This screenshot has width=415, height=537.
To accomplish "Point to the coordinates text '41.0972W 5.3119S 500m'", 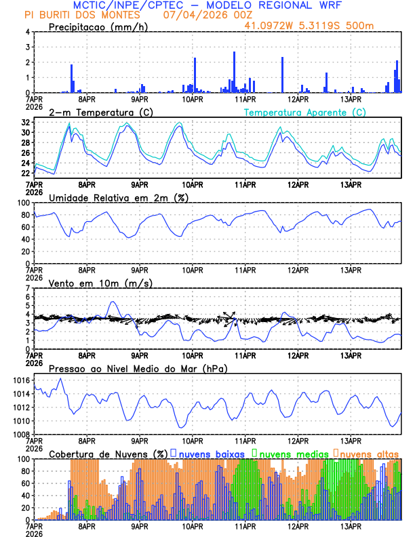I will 309,26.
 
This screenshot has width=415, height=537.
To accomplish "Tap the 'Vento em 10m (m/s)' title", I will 100,283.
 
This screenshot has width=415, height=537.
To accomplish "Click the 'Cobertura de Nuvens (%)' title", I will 108,454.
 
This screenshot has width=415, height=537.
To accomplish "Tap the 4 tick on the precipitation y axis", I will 28,32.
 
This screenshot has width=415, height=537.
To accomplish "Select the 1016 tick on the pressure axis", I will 22,380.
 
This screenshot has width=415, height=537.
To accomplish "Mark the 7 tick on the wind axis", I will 28,288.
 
